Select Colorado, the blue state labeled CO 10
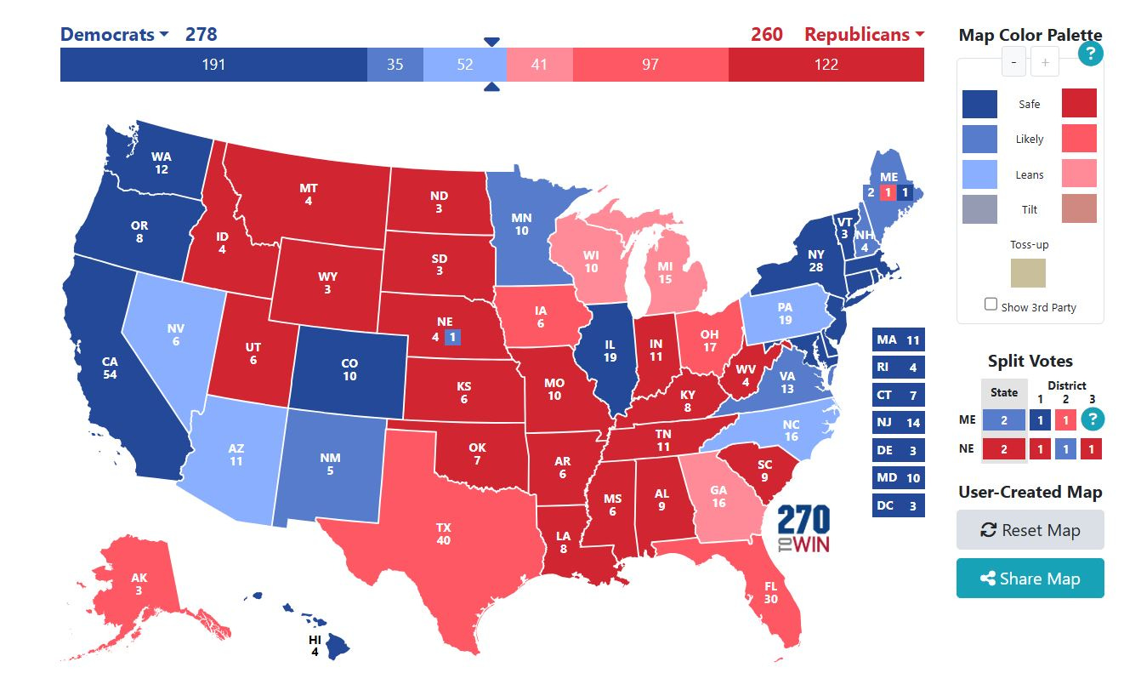click(349, 369)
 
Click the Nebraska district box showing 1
click(452, 336)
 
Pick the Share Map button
click(1030, 579)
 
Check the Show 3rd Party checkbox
click(991, 305)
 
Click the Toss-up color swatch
click(1028, 273)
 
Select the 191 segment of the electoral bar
click(213, 65)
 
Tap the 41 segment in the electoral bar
click(539, 65)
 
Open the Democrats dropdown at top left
click(114, 35)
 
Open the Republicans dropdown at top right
click(864, 35)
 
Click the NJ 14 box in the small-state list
click(898, 423)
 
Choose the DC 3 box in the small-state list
click(898, 505)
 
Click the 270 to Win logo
click(803, 529)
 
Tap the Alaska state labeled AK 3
click(139, 585)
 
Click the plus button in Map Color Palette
click(1045, 62)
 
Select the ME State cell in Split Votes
click(1003, 419)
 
